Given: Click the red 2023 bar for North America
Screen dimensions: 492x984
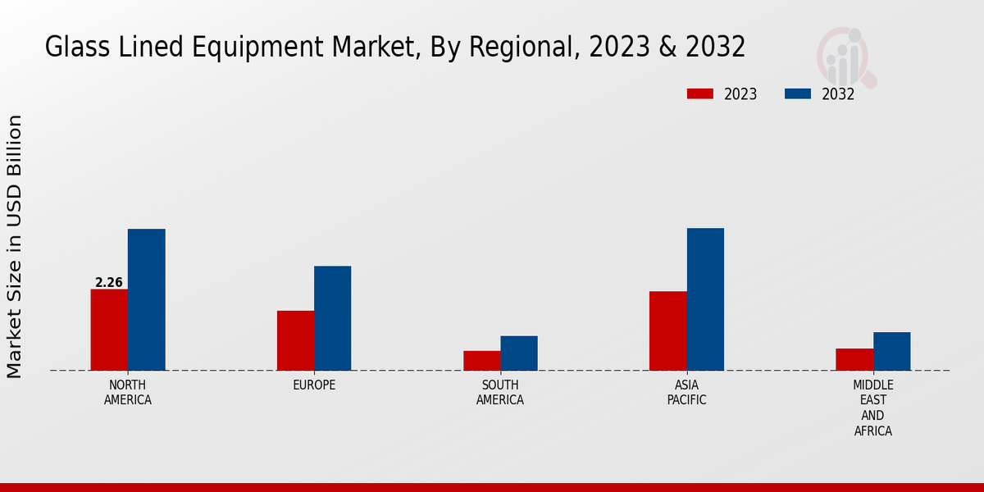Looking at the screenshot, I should point(109,330).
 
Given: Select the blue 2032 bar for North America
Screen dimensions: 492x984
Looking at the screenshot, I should point(146,299).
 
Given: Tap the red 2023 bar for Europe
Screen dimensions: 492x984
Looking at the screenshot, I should point(295,340).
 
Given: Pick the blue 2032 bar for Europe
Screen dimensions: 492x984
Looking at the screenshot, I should point(332,318).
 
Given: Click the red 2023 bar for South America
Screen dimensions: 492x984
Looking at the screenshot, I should point(481,361).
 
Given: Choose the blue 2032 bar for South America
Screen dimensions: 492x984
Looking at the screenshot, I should point(519,353).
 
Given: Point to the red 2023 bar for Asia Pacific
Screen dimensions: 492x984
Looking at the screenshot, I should point(667,330).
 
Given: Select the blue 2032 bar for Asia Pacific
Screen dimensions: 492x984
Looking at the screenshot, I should point(705,299).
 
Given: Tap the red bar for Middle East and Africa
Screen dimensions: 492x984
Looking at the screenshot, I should point(854,359).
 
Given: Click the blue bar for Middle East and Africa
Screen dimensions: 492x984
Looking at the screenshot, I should point(891,351).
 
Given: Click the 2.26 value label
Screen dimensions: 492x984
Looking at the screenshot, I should point(109,283).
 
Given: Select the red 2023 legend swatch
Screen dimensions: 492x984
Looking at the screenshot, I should point(700,93).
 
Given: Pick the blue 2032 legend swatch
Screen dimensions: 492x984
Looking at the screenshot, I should point(798,93).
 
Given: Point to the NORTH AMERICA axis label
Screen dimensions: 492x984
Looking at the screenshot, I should point(128,393).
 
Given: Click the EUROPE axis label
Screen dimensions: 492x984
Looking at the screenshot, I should point(314,385).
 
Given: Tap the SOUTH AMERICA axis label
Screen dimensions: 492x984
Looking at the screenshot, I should point(500,393).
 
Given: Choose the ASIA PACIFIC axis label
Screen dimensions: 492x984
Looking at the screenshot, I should point(686,393).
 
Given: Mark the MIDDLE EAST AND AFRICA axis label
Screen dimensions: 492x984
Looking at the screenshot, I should point(873,408).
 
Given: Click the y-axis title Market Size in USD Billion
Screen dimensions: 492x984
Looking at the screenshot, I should point(15,246).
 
